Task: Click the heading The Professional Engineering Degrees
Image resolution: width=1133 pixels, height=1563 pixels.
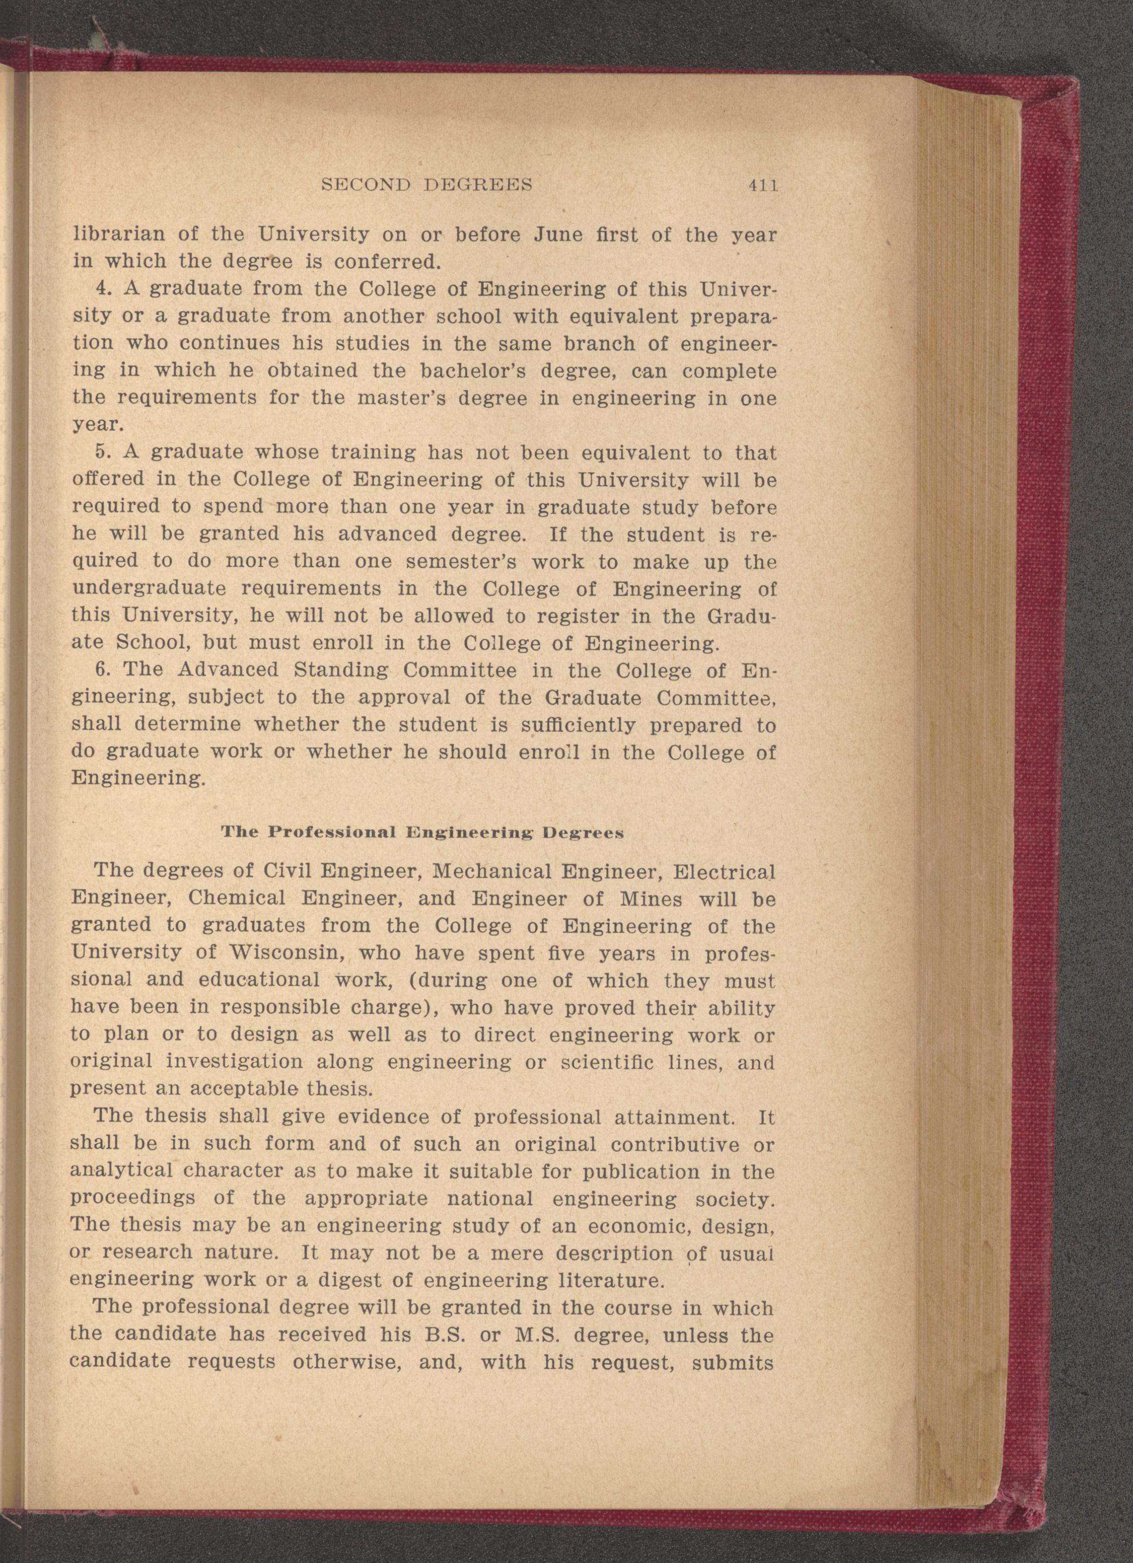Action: click(x=422, y=832)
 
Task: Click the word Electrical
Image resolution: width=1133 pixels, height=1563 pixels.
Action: click(x=724, y=872)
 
